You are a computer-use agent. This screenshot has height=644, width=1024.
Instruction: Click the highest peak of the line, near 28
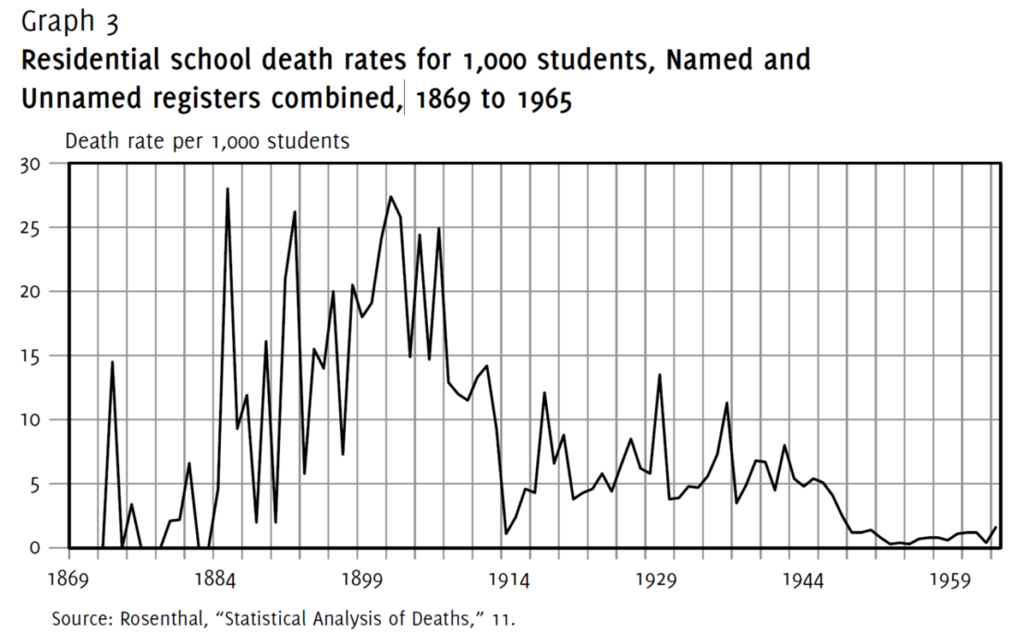(x=227, y=189)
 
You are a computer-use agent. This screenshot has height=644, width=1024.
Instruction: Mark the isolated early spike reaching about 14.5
(x=113, y=362)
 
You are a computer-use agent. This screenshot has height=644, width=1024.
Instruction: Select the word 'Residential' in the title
(x=104, y=61)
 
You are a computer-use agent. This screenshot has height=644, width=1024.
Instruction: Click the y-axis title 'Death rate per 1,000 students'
(x=206, y=141)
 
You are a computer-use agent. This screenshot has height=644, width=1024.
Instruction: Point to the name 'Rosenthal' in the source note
(x=158, y=618)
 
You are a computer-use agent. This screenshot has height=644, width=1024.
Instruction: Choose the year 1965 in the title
(x=541, y=99)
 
